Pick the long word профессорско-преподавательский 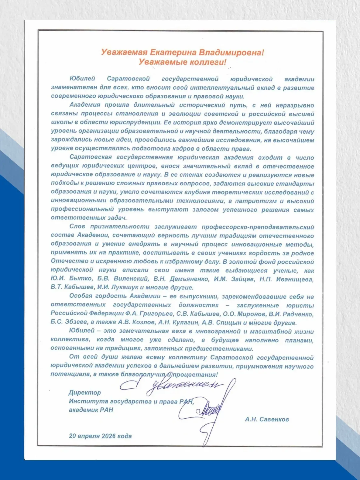258,227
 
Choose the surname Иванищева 295,279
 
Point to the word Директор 85,393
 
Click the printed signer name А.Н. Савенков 267,420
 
